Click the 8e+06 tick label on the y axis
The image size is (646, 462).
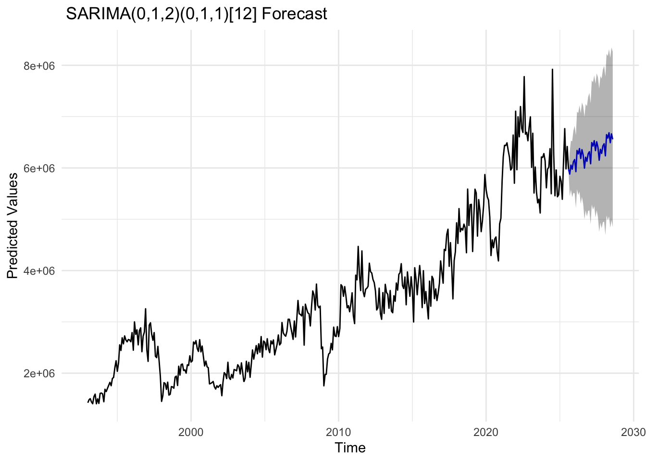click(39, 65)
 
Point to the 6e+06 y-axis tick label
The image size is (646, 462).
click(39, 168)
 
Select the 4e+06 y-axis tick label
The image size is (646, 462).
click(39, 270)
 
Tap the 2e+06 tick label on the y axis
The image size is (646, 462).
click(39, 373)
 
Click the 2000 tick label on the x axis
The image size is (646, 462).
click(191, 431)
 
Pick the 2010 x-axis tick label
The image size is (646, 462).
click(338, 431)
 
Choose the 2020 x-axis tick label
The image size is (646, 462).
click(485, 431)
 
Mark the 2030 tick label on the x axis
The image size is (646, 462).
click(633, 431)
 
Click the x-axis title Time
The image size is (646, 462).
click(350, 448)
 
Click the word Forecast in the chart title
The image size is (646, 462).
click(295, 14)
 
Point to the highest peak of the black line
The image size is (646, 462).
click(552, 69)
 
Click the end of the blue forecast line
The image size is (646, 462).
click(612, 139)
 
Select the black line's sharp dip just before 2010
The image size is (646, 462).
click(324, 385)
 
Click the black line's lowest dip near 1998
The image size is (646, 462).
click(161, 401)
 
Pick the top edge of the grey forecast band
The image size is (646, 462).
click(611, 48)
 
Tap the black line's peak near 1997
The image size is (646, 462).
click(145, 309)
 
